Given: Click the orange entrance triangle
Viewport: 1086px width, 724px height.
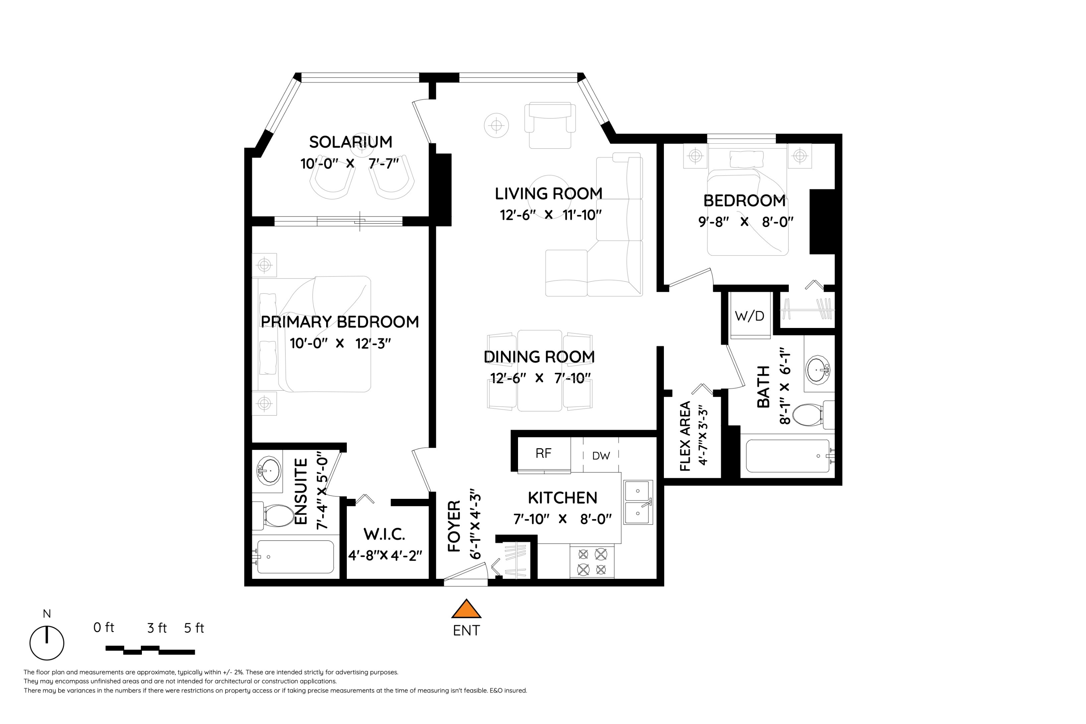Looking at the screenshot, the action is coord(466,610).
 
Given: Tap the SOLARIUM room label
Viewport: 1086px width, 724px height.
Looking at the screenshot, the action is coord(350,142).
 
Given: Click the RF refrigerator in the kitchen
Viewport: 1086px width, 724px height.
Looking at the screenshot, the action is coord(544,454).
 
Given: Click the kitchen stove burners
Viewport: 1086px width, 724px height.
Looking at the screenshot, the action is coord(592,561).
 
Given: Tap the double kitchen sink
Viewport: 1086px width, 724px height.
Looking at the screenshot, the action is coord(638,502).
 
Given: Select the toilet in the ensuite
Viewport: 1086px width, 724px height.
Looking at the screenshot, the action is coord(273,515).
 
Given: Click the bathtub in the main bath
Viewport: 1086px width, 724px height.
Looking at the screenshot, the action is coord(788,456).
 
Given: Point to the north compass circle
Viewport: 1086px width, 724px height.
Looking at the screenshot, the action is coord(47,643).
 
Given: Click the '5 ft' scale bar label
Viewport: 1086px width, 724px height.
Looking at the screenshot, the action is coord(194,628).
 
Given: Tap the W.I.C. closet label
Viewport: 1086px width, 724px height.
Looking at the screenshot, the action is coord(384,534).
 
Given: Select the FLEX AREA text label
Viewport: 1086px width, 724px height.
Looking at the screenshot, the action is coord(685,436).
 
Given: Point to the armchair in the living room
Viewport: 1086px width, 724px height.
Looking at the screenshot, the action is coord(550,125).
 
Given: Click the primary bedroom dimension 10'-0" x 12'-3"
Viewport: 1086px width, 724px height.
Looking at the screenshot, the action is coord(340,344).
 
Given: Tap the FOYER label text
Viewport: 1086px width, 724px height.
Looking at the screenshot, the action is coord(454,526).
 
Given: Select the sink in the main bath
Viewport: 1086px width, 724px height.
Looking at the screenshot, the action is coord(818,369).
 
